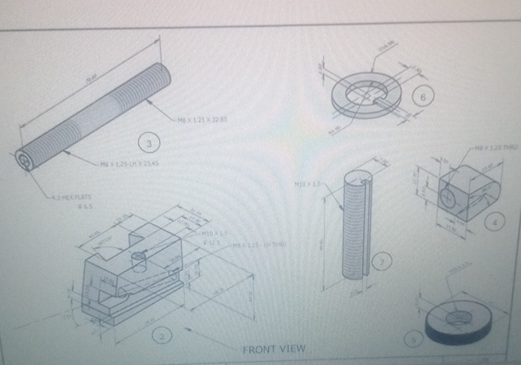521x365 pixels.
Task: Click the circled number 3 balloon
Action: pyautogui.click(x=147, y=143)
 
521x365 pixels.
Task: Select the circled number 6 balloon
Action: pyautogui.click(x=424, y=97)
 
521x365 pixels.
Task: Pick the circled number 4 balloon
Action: pyautogui.click(x=496, y=222)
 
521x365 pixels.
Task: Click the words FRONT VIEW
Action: pyautogui.click(x=273, y=349)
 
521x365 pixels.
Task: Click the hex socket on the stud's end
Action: pyautogui.click(x=27, y=161)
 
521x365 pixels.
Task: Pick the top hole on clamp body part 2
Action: pyautogui.click(x=139, y=256)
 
